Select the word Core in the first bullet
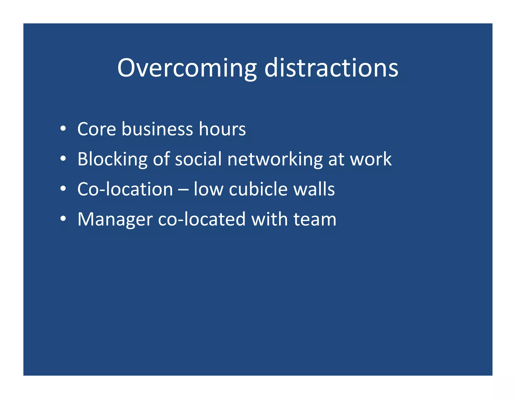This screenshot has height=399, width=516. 97,129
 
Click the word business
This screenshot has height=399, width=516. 157,129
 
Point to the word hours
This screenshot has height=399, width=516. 222,129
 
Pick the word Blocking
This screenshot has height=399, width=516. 112,159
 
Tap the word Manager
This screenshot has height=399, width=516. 115,219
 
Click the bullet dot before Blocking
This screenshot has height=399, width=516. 63,159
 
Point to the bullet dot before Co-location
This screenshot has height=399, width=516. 63,189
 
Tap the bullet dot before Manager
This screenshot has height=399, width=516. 63,219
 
